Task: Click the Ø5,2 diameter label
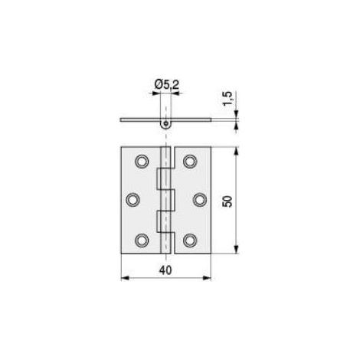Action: [167, 84]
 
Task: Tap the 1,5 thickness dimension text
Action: [227, 98]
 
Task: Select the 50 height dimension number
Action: [227, 201]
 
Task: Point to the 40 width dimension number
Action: [165, 270]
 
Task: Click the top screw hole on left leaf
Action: [142, 161]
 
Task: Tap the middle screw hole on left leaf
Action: [133, 199]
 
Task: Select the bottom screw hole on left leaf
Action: [142, 241]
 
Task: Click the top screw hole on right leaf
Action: [190, 161]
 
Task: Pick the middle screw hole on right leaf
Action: [200, 199]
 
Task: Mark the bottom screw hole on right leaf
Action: [190, 241]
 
